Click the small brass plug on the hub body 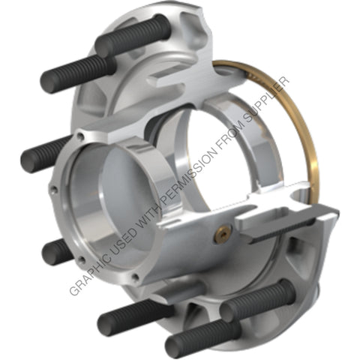coord(221,235)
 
